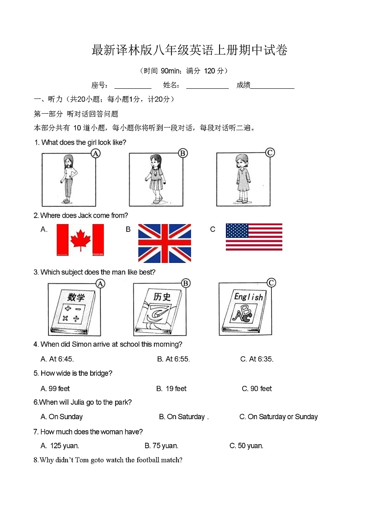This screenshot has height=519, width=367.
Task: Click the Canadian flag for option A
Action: (80, 240)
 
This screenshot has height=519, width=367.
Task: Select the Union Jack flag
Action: (164, 243)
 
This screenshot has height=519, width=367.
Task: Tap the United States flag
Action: (254, 237)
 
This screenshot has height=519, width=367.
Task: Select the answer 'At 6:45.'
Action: (57, 359)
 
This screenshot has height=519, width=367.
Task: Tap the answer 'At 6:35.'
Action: (257, 359)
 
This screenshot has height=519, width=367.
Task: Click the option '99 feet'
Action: (55, 389)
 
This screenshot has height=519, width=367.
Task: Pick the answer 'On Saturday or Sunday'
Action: (278, 417)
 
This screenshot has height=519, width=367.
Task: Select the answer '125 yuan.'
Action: (60, 446)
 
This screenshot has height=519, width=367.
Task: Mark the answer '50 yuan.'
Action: (246, 446)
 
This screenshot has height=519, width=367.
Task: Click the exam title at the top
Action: (190, 50)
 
